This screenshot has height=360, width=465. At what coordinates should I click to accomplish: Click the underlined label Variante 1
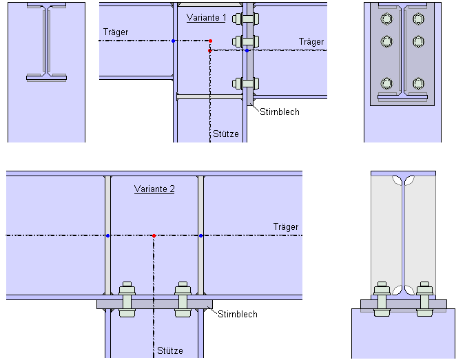coord(206,17)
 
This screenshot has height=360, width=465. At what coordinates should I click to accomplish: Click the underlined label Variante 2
coord(154,189)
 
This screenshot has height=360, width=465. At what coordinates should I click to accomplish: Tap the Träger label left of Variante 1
coord(116,32)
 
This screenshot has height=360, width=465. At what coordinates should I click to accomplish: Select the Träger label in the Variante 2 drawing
coord(286,226)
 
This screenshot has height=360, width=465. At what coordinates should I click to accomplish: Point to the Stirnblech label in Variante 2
coord(238,315)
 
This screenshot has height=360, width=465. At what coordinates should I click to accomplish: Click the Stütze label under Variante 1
coord(226,134)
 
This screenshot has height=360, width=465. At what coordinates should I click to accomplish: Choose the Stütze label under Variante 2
coord(170,350)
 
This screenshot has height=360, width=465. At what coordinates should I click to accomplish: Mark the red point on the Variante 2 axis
coord(154,236)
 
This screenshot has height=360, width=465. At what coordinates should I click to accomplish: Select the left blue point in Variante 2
coord(108,236)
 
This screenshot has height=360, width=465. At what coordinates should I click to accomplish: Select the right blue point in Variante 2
coord(200,236)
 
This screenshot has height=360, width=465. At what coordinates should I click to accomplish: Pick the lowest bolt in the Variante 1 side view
coord(246,84)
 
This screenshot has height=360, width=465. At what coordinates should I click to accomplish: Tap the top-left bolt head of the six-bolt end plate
coord(386,19)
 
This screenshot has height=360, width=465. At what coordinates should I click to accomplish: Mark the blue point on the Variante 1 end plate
coord(247,50)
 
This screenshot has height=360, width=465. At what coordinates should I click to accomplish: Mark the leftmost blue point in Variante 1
coord(173,41)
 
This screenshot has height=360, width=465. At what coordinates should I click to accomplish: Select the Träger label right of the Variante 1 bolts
coord(311,42)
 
